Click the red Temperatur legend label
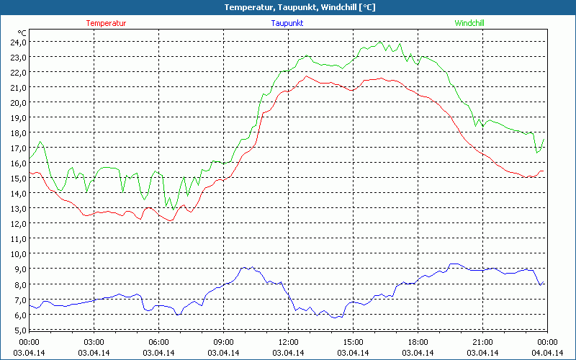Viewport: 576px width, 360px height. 106,23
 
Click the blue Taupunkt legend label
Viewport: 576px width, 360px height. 287,23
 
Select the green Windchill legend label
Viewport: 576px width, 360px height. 469,23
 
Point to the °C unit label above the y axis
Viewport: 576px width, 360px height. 22,33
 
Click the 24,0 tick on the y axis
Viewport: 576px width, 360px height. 18,42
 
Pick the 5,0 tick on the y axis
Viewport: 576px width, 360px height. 18,330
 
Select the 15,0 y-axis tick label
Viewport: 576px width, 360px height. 18,178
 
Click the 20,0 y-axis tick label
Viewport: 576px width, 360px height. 18,102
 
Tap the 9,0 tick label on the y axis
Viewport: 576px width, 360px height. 18,269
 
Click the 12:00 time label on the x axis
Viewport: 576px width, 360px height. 288,341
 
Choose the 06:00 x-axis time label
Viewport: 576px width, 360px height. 158,341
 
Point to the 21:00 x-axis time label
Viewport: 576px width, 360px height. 482,341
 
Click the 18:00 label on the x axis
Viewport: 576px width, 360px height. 418,341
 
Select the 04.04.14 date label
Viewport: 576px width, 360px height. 547,352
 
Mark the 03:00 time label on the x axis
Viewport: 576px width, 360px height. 94,341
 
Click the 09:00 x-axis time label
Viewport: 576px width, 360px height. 223,341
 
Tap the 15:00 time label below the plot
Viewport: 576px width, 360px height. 353,341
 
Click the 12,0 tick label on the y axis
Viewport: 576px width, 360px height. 18,223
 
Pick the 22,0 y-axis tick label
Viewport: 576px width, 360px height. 18,72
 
